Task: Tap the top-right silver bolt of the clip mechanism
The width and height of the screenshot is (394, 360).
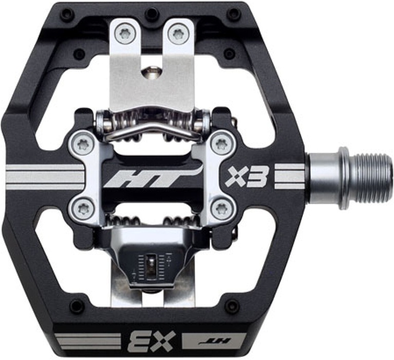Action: click(x=221, y=143)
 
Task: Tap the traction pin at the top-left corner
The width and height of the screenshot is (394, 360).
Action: click(x=67, y=14)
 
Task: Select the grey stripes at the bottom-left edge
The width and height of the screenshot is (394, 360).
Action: click(x=82, y=340)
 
